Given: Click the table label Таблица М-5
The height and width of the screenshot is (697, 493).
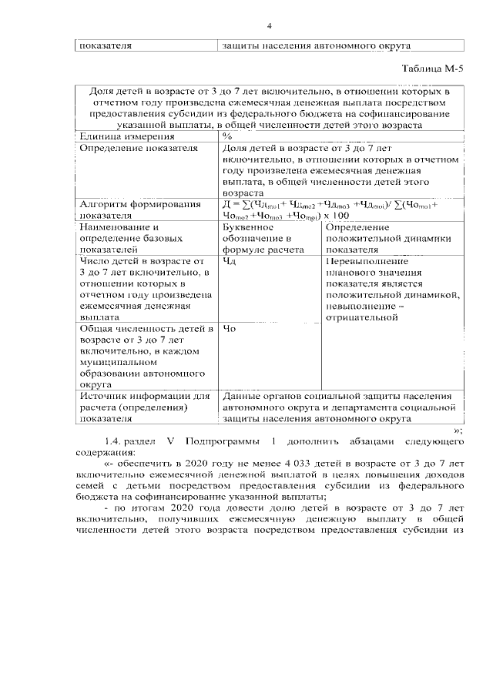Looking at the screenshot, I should (x=434, y=69).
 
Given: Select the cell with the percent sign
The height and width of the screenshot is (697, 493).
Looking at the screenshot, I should (x=227, y=136).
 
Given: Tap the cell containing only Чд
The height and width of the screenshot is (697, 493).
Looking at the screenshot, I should (x=228, y=261).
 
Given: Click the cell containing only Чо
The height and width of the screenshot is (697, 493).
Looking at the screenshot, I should (x=229, y=329).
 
